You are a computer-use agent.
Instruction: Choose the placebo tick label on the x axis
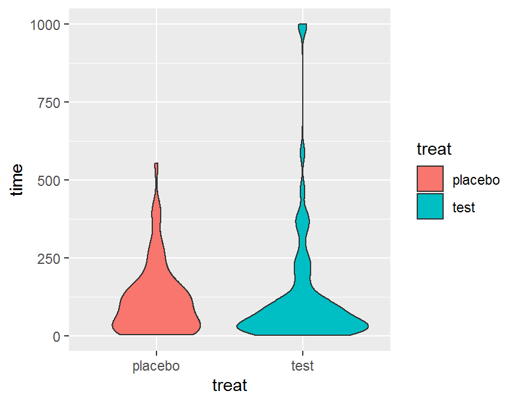coord(156,366)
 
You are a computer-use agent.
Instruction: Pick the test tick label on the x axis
coord(303,366)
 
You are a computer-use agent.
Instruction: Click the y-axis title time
coord(17,179)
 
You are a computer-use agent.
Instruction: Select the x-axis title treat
coord(230,385)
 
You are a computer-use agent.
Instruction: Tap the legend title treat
coord(433,148)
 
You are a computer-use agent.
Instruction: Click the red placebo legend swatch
coord(430,179)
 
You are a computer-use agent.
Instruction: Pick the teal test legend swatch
coord(430,206)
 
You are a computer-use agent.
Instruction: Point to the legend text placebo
coord(476,179)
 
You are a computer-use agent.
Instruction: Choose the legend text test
coord(464,207)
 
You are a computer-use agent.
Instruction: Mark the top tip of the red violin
coord(156,164)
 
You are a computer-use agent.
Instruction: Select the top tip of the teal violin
coord(303,26)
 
